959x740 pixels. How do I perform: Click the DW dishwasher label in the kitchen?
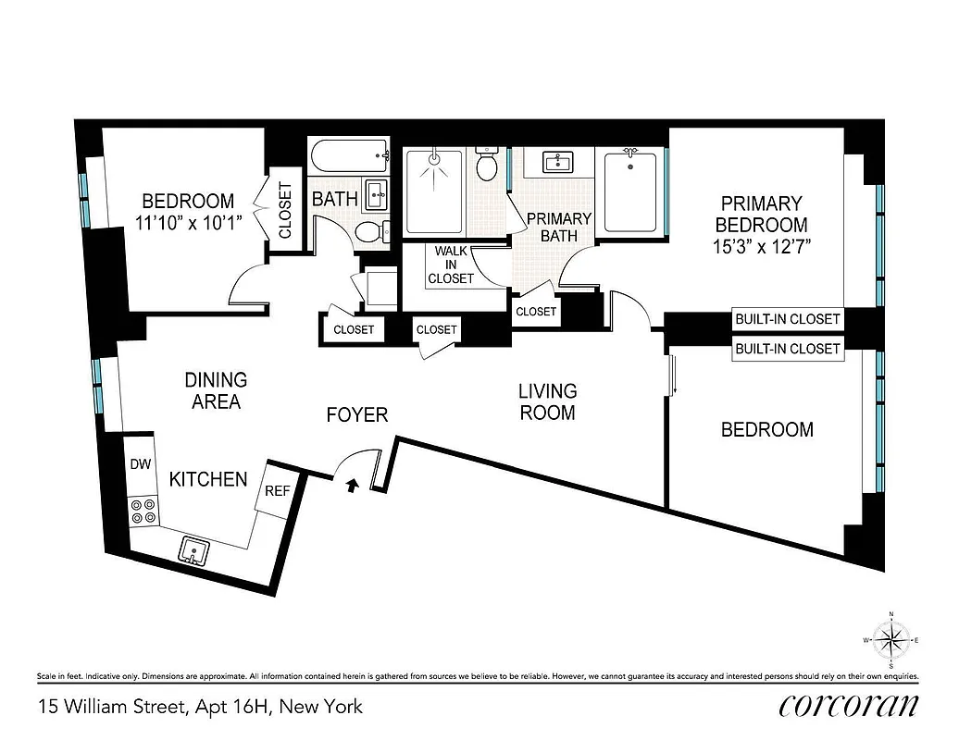[140, 464]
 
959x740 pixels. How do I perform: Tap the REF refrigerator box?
[277, 491]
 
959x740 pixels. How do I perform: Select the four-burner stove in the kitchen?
[143, 511]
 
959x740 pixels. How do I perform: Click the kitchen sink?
[193, 550]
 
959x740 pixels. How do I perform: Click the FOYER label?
[356, 415]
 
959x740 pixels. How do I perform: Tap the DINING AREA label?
[215, 390]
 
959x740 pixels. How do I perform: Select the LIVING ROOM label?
[548, 401]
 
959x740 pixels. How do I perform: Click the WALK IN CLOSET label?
[452, 265]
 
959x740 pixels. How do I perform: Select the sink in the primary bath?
[558, 164]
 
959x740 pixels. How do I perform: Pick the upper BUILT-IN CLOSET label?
[788, 319]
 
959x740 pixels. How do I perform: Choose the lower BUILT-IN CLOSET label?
[788, 349]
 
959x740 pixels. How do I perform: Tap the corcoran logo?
[849, 705]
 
